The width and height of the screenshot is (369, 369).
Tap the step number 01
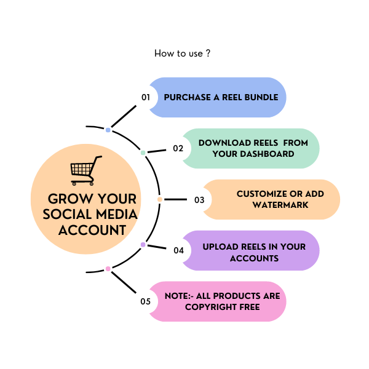pyautogui.click(x=146, y=97)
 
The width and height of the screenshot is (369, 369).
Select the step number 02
pyautogui.click(x=178, y=148)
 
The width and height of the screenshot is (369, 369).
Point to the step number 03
pyautogui.click(x=199, y=200)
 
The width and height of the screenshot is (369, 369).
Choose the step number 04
pyautogui.click(x=178, y=250)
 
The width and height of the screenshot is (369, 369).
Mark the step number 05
pyautogui.click(x=146, y=301)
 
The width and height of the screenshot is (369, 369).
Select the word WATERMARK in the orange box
pyautogui.click(x=280, y=205)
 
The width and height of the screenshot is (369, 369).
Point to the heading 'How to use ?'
pyautogui.click(x=183, y=54)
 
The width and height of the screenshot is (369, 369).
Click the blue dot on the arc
pyautogui.click(x=108, y=130)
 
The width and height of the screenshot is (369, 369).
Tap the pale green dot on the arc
pyautogui.click(x=143, y=153)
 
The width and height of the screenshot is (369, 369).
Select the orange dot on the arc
pyautogui.click(x=160, y=199)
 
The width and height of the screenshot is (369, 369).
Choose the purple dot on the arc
pyautogui.click(x=143, y=245)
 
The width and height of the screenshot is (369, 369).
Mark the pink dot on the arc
pyautogui.click(x=108, y=269)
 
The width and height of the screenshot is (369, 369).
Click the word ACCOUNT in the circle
pyautogui.click(x=92, y=231)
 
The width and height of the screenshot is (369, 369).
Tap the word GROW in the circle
pyautogui.click(x=68, y=200)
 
